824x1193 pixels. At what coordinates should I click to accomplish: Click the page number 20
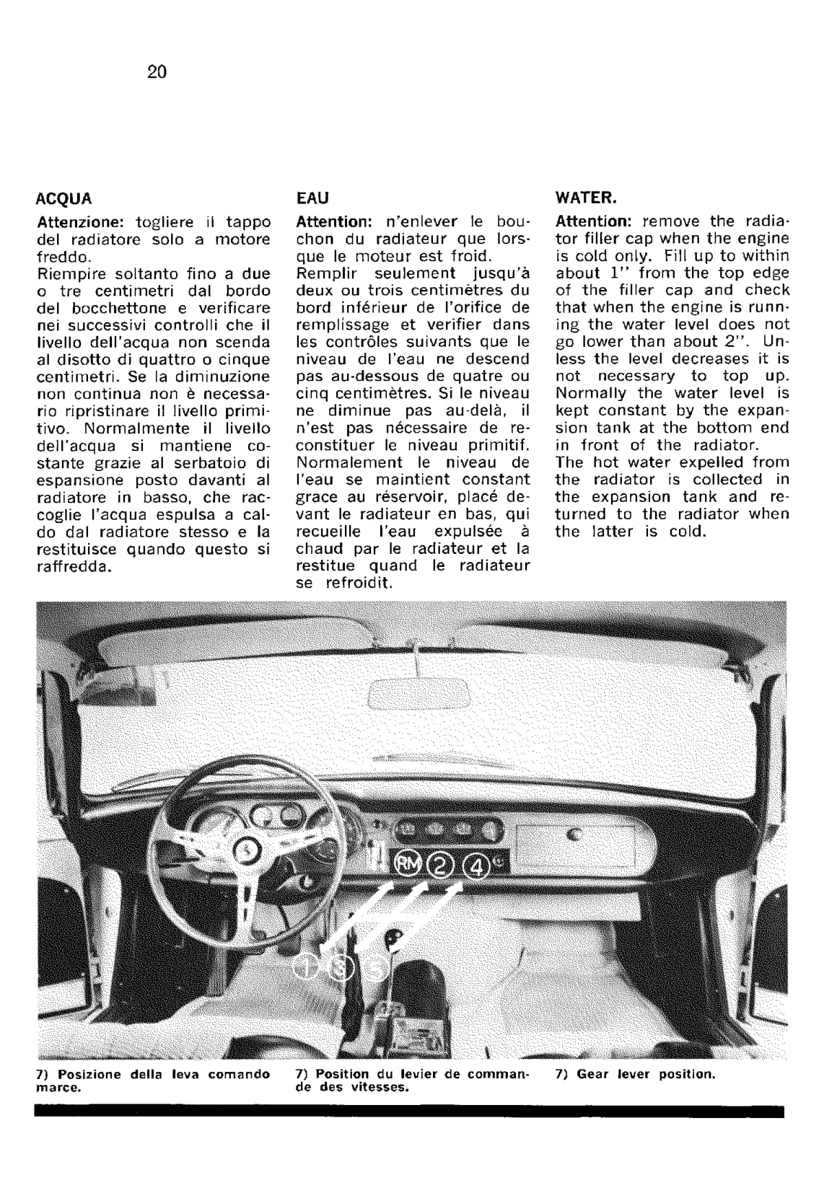(x=157, y=71)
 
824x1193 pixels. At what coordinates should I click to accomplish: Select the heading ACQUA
(x=64, y=198)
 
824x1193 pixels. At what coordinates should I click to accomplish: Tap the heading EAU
(x=312, y=198)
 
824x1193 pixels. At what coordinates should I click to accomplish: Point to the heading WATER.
(x=586, y=198)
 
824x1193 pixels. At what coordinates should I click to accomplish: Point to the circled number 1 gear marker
(x=307, y=968)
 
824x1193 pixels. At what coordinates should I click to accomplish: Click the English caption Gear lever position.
(x=635, y=1074)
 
